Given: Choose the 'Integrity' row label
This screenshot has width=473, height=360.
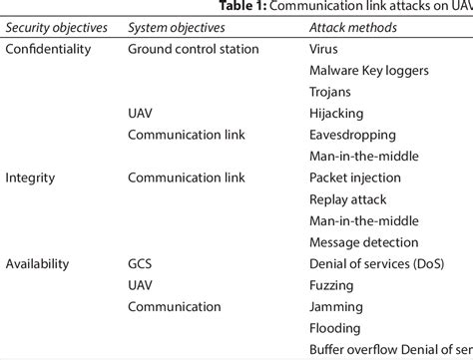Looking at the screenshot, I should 30,179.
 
